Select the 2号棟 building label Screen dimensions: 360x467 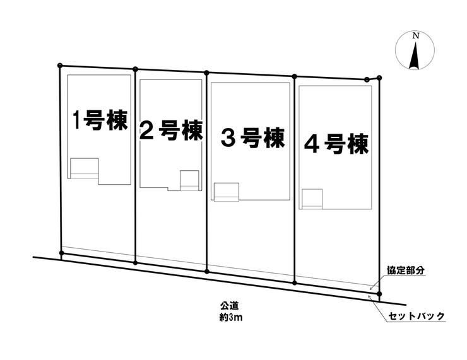(x=170, y=131)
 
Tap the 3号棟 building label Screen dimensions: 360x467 (x=252, y=137)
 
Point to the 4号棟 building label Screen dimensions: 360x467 (x=336, y=144)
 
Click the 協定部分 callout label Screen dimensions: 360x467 (x=405, y=270)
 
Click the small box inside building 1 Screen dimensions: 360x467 (x=84, y=168)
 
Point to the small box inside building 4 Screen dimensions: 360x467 (x=311, y=199)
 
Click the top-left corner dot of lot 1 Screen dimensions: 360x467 (x=60, y=64)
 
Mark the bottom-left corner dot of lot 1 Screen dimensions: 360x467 (x=61, y=253)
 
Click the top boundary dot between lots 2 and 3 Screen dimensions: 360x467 (x=206, y=73)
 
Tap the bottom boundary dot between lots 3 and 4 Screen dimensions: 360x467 (x=295, y=282)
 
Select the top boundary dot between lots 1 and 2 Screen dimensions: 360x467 (x=135, y=69)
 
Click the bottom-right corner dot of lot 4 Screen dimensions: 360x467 (x=379, y=294)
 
